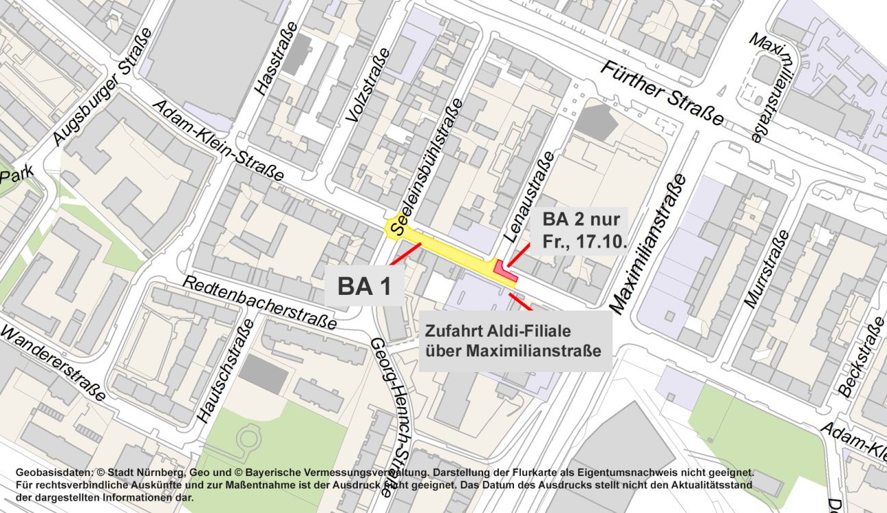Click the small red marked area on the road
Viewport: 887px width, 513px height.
[504, 271]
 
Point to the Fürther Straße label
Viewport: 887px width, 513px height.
[663, 93]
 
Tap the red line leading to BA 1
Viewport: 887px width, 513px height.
[404, 253]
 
